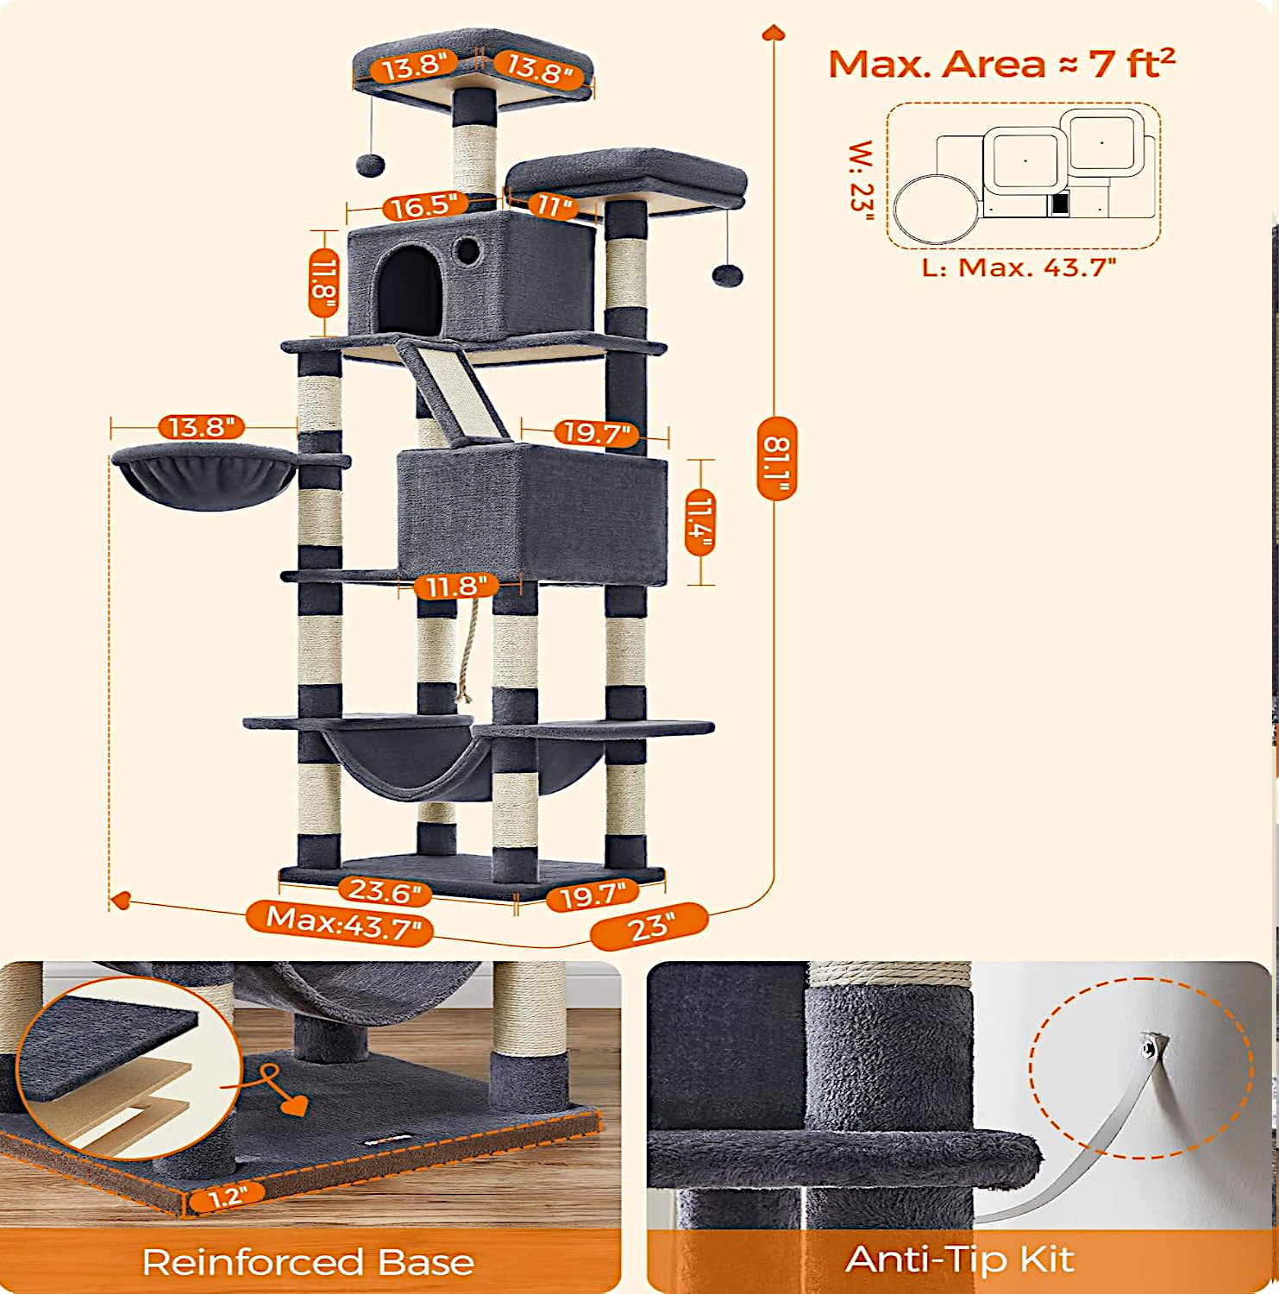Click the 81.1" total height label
point(776,458)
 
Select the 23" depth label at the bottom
point(649,927)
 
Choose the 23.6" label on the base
point(385,890)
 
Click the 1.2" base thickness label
point(227,1196)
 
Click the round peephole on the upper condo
point(467,251)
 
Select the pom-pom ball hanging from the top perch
point(371,164)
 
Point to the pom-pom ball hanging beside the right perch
point(727,275)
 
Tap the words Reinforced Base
point(308,1262)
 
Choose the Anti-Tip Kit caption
point(960,1259)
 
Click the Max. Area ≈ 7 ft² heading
point(1001,63)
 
